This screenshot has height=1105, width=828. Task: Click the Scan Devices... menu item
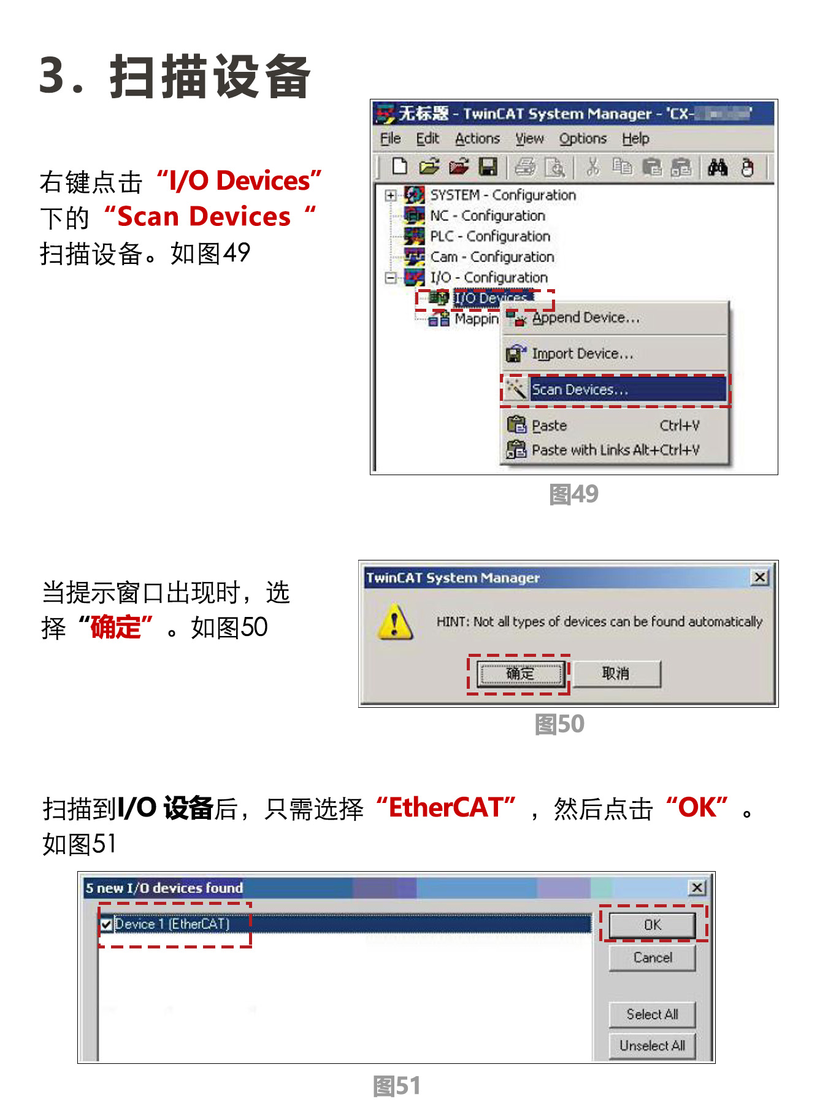click(580, 390)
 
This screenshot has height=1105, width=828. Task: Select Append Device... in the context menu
click(585, 318)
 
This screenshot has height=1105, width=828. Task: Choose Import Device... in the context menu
click(582, 354)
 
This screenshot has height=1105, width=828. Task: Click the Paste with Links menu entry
click(615, 450)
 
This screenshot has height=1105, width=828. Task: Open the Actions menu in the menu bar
click(477, 139)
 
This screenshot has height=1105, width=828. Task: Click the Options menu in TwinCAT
click(582, 139)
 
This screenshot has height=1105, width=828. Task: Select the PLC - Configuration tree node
click(489, 236)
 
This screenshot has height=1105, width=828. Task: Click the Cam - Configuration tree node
click(492, 257)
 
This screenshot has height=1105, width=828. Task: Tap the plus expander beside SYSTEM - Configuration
click(390, 195)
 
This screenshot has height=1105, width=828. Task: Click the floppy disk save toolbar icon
click(488, 166)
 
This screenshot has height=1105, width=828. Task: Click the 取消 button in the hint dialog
click(616, 673)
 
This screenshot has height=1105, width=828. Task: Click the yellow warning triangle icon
click(394, 622)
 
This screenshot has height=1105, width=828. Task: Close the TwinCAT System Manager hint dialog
click(760, 578)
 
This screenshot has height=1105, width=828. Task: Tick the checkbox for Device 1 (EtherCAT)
click(107, 925)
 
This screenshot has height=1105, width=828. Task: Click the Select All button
click(652, 1014)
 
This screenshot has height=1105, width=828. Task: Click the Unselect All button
click(652, 1045)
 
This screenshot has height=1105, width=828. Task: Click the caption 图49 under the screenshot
click(573, 494)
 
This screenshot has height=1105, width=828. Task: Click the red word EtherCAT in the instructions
click(446, 808)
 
